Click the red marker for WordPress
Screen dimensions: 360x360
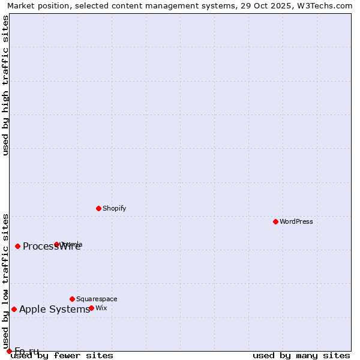pos(275,221)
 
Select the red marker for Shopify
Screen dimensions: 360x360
pos(98,208)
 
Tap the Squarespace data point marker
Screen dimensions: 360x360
pos(72,299)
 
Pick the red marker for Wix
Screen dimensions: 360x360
pos(91,308)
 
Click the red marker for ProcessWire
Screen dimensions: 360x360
pos(17,246)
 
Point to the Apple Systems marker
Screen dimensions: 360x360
pos(14,309)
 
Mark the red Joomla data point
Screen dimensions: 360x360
pos(57,244)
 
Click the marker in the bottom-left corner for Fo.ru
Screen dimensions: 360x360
pos(9,351)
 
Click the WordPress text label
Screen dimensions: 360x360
pos(296,221)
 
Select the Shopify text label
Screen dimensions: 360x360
pos(114,208)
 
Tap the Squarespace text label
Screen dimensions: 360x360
pos(97,299)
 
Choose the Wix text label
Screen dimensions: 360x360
pos(101,308)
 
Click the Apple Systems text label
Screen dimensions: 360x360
pos(55,310)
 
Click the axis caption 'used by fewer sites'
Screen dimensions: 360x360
pos(62,356)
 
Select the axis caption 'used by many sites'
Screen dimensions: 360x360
pos(301,356)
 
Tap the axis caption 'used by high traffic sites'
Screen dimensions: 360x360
pos(6,85)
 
